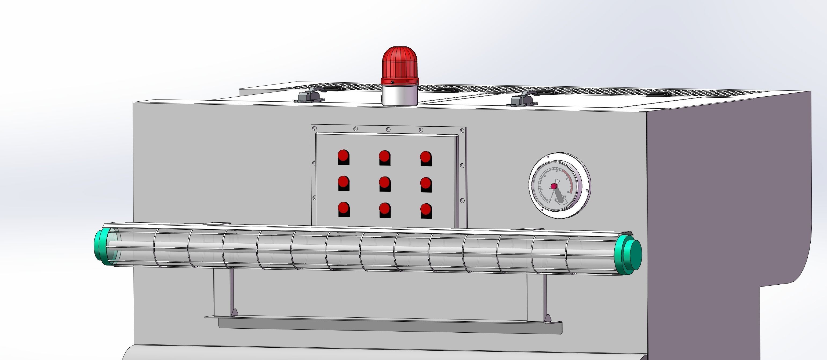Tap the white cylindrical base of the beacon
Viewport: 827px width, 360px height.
[x=399, y=96]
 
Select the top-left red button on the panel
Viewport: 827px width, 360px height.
[x=343, y=156]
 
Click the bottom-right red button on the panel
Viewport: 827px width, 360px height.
[x=426, y=210]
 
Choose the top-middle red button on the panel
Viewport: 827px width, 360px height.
[x=384, y=157]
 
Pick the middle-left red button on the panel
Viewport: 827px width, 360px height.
[x=343, y=182]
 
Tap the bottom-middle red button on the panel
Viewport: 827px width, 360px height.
[x=384, y=209]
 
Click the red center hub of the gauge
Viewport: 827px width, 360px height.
[x=554, y=186]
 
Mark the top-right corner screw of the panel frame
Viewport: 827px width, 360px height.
[x=462, y=131]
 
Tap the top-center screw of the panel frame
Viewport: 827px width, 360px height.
[x=388, y=129]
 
